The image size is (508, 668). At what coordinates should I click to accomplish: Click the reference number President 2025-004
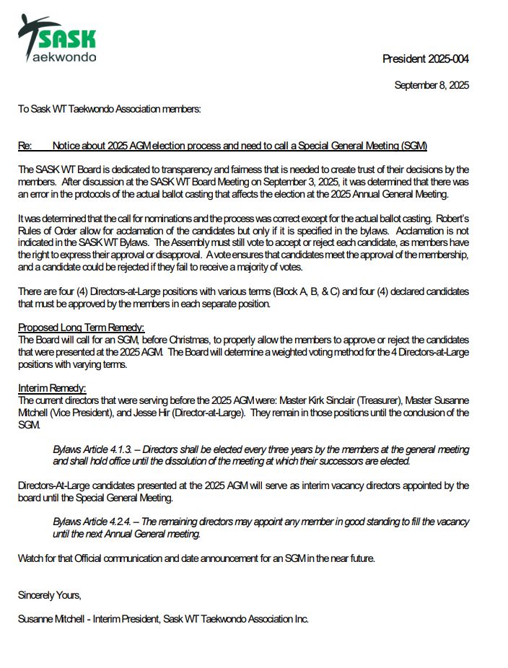pos(425,59)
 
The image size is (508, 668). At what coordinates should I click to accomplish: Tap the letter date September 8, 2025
pos(432,85)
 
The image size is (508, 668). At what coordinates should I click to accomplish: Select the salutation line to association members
pos(109,109)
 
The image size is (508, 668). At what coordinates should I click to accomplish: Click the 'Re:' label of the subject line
pos(25,146)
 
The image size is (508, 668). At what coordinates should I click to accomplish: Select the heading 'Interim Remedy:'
pos(52,388)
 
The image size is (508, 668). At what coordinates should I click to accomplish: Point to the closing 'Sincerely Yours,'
pos(50,595)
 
